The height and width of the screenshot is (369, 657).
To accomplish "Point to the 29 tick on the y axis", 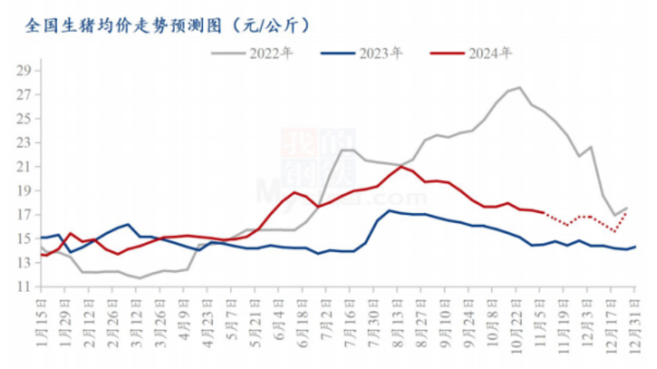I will point(24,71).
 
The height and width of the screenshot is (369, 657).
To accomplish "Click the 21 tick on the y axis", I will point(24,167).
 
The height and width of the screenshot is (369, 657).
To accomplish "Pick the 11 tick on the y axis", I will point(24,287).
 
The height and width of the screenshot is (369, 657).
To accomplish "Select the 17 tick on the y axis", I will point(24,214).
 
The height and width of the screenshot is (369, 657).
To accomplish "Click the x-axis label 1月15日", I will point(42,321).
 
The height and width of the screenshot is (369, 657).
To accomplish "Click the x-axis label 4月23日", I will point(206,321).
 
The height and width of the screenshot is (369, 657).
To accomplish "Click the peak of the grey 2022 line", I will point(520,87).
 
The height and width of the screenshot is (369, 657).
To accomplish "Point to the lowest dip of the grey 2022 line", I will point(140,278).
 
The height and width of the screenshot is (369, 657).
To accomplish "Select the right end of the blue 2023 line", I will point(636,247).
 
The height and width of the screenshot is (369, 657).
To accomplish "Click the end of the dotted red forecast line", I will point(627,213).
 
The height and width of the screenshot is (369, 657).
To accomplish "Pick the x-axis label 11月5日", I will point(541,321).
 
